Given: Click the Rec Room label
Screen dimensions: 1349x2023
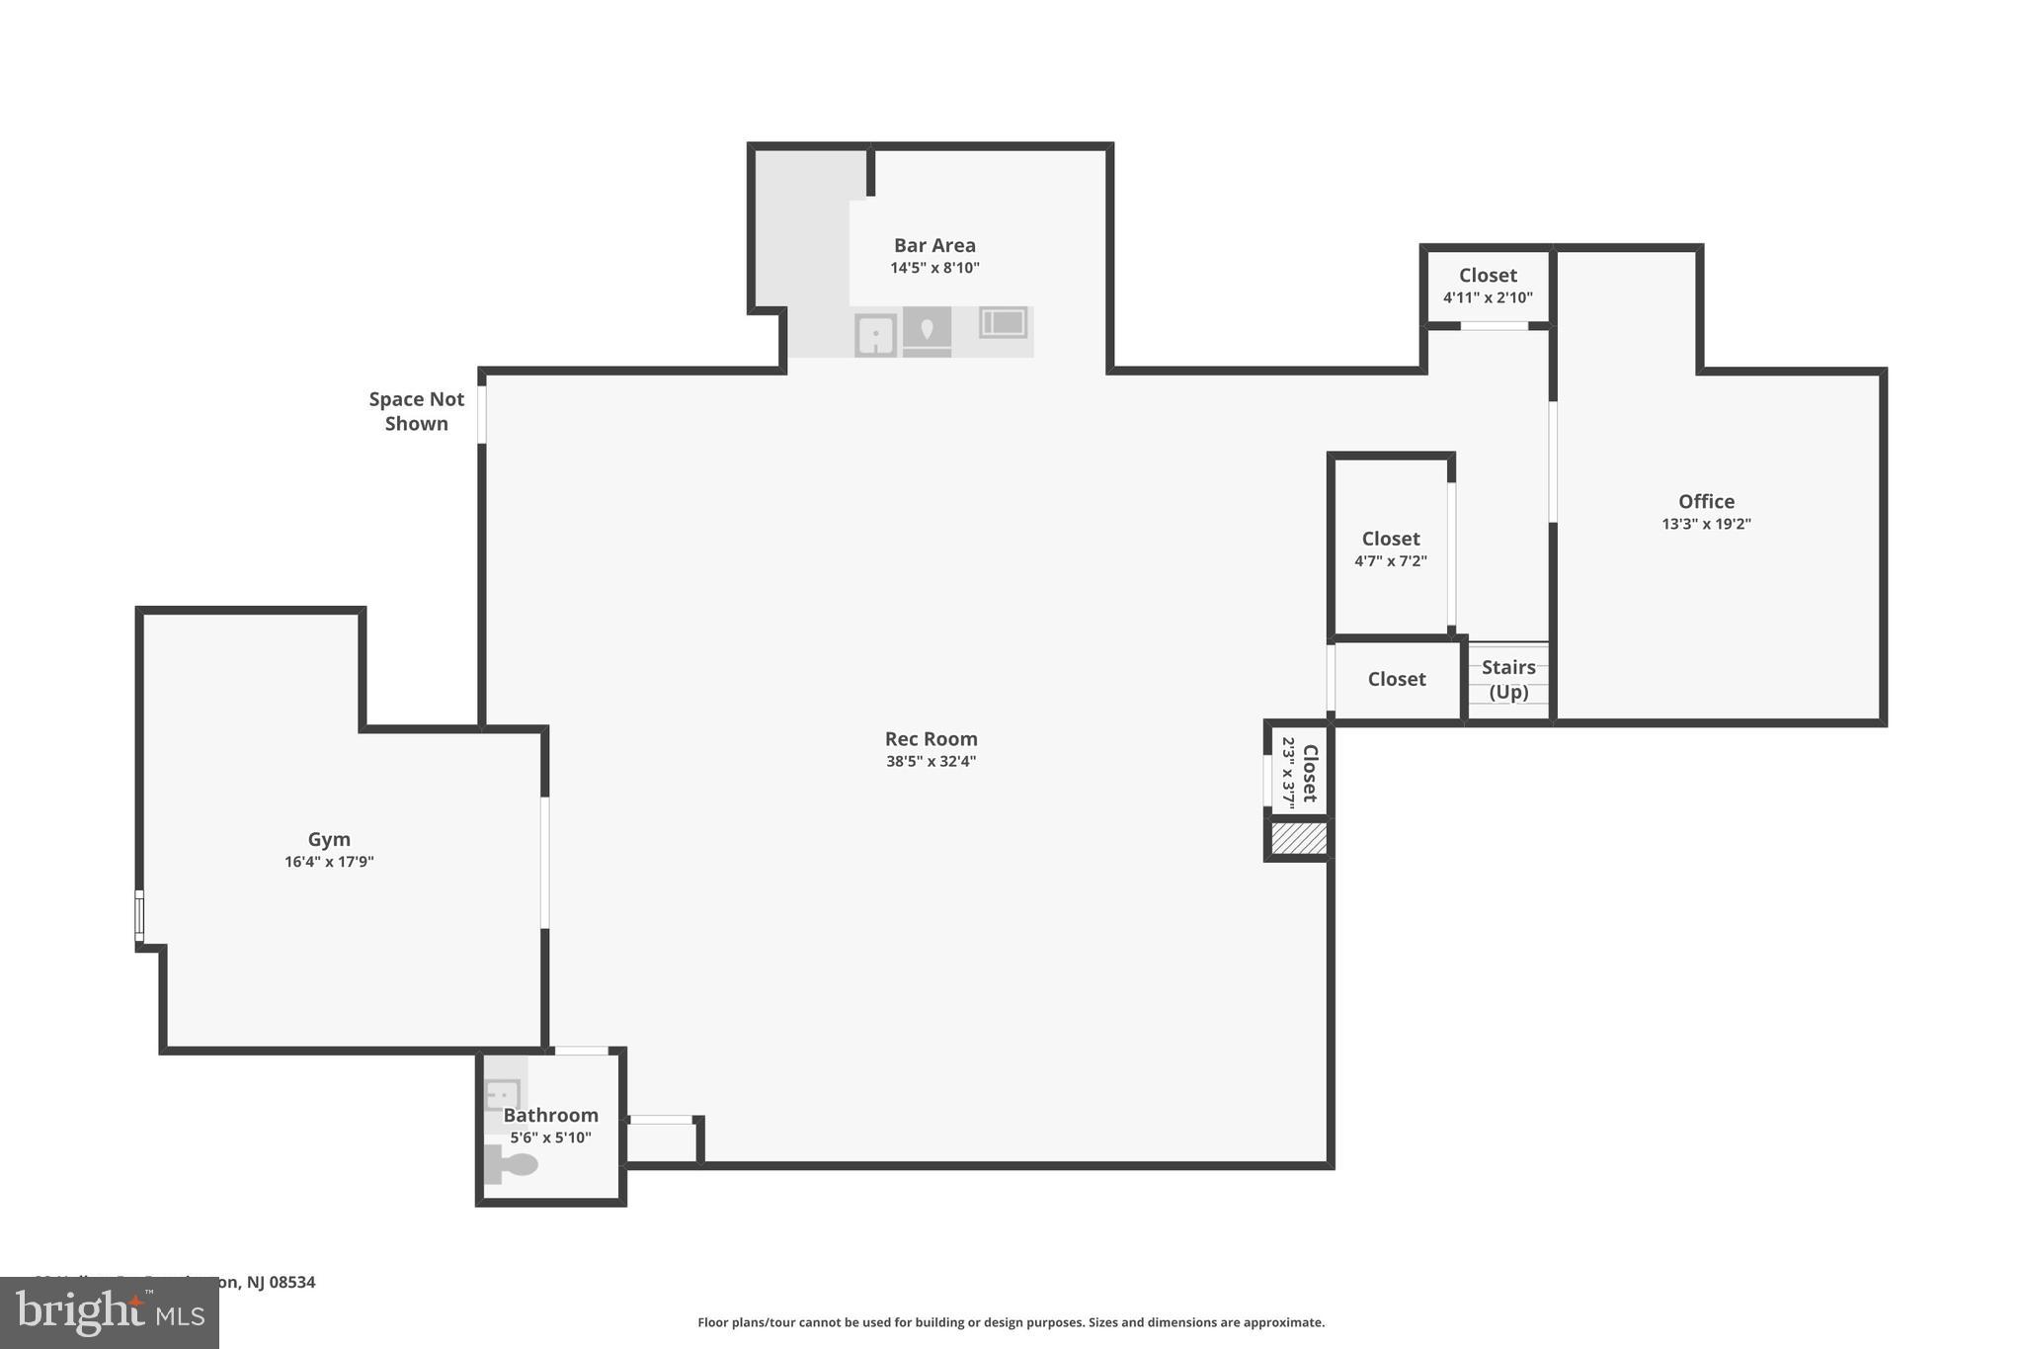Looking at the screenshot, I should (x=931, y=739).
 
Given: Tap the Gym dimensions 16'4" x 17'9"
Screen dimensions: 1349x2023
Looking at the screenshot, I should (x=329, y=862).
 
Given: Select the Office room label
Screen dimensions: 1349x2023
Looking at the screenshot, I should (x=1706, y=501).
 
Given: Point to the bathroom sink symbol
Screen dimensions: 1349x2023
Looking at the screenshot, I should (x=503, y=1095).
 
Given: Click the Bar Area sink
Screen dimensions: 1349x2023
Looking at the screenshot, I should (x=875, y=335).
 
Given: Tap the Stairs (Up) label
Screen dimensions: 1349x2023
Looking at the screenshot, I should (x=1508, y=679).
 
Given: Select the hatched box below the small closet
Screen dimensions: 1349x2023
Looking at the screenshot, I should (x=1298, y=839).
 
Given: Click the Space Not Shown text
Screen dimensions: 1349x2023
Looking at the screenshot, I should (x=416, y=411).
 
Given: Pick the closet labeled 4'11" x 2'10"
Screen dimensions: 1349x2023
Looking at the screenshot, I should (x=1488, y=286).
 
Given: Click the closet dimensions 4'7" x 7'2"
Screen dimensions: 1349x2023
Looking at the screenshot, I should (x=1390, y=561).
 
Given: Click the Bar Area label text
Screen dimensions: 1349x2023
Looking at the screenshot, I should (x=934, y=245).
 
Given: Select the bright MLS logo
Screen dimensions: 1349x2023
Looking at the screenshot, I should (x=109, y=1312).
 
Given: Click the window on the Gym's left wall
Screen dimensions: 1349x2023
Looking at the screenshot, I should (x=139, y=916).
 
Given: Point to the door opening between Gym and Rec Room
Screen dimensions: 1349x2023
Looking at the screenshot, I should (x=544, y=863).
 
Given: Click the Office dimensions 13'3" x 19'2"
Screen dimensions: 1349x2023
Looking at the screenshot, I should (x=1706, y=525).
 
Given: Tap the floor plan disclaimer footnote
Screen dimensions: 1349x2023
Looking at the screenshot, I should (x=1011, y=1322).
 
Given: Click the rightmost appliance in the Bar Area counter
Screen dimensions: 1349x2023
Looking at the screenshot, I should (x=1003, y=322).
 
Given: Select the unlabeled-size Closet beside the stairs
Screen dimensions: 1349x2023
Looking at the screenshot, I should (x=1396, y=679).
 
